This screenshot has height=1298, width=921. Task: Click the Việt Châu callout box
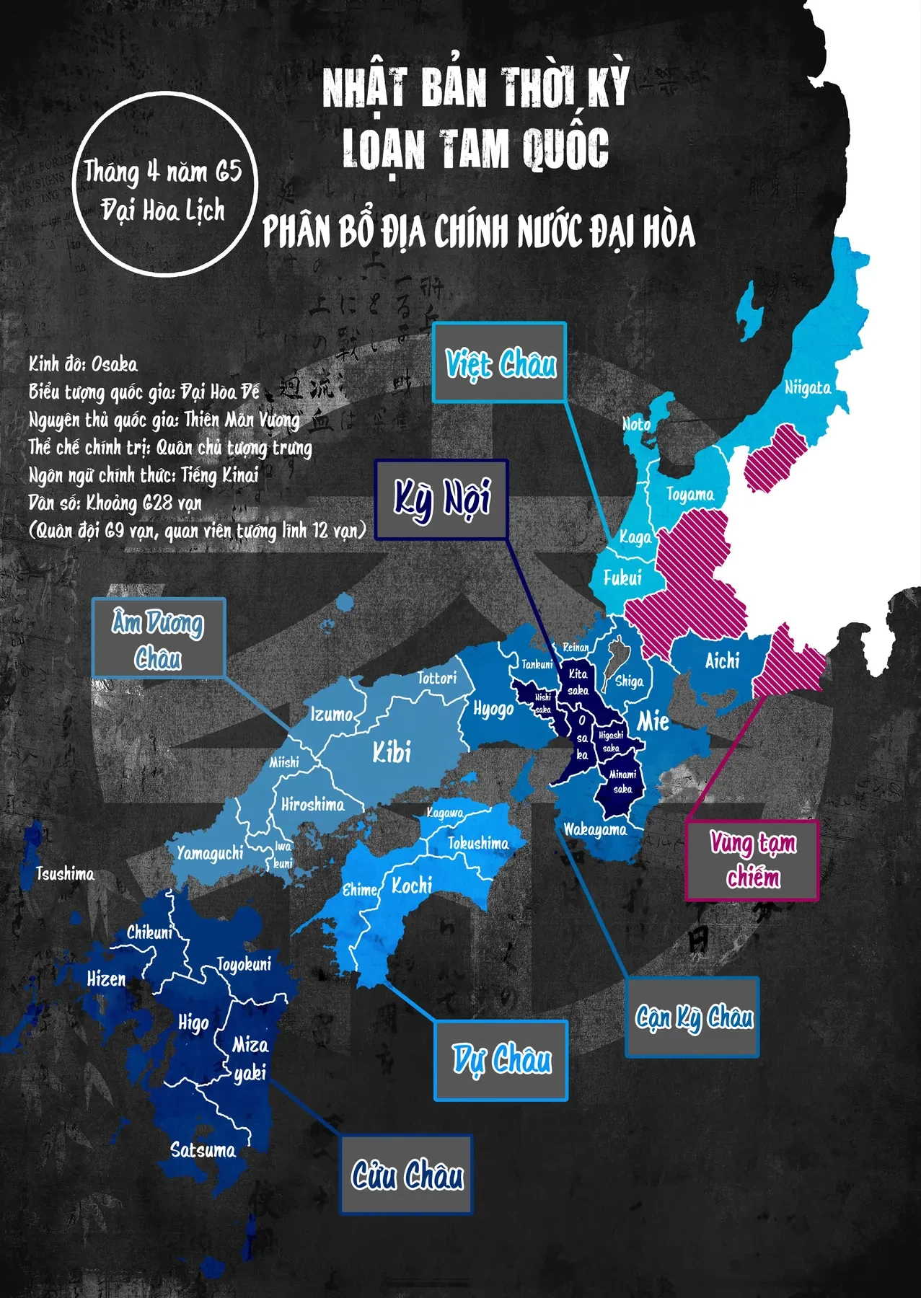click(499, 362)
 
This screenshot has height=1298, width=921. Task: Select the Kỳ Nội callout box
click(441, 499)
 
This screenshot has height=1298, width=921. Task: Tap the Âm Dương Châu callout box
click(158, 637)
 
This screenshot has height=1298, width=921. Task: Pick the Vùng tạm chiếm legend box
click(752, 860)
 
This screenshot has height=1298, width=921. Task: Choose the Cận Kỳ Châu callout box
click(692, 1017)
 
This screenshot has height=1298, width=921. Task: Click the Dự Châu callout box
click(501, 1060)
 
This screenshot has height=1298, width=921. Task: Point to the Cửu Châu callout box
click(407, 1175)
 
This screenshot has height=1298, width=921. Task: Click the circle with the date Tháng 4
click(165, 185)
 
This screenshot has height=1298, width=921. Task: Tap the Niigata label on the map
click(807, 388)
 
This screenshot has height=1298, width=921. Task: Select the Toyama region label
click(689, 495)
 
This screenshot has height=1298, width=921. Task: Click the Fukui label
click(622, 578)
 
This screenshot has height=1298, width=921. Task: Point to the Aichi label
click(722, 661)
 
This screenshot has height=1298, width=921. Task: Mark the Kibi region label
click(392, 753)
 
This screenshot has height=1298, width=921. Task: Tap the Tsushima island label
click(65, 874)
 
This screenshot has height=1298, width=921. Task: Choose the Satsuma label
click(203, 1149)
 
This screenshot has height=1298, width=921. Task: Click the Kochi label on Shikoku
click(412, 886)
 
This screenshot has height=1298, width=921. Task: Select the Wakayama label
click(595, 829)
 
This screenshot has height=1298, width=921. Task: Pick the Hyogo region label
click(493, 709)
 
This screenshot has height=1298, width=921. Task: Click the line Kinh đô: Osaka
click(83, 364)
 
